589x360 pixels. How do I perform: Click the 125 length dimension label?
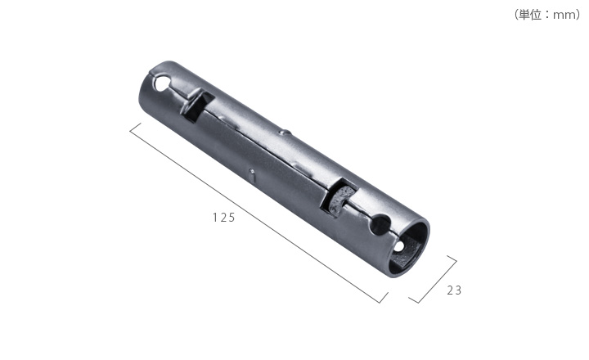224,218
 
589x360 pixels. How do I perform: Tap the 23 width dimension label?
454,290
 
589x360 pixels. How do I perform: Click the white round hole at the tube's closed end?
162,83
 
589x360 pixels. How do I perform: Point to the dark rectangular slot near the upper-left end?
198,106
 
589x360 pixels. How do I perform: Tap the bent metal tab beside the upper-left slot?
191,101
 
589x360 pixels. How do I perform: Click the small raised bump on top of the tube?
285,133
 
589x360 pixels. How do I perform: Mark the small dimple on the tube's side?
253,175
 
